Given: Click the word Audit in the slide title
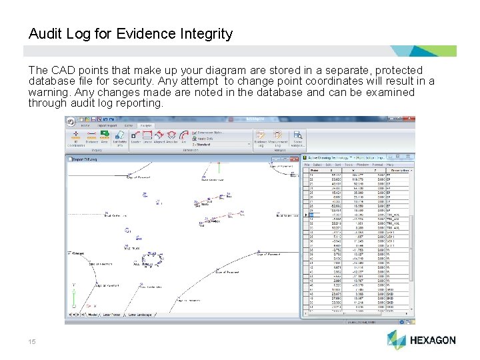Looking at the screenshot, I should (47, 33).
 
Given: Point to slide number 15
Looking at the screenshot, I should (32, 341).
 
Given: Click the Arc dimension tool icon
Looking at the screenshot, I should (184, 137).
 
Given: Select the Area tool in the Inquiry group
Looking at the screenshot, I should (104, 137).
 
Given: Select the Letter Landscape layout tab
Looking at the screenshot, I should (141, 314).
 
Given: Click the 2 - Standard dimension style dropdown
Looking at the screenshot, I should (220, 143).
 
